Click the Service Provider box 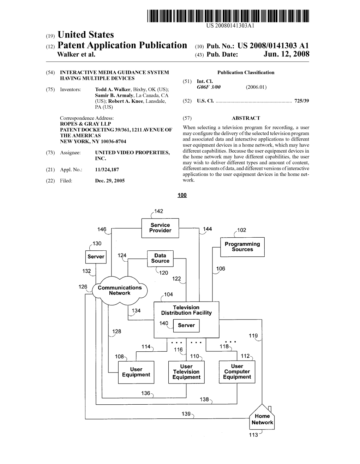[x=160, y=228]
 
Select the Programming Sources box [x=242, y=247]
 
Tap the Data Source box [x=160, y=258]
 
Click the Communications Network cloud [x=120, y=291]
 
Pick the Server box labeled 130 [x=96, y=257]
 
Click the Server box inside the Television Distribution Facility [x=186, y=326]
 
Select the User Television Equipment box [x=186, y=372]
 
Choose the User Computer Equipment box [x=237, y=372]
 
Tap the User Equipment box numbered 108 [x=136, y=372]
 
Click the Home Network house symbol [x=262, y=418]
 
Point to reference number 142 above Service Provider [x=159, y=211]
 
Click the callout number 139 [x=186, y=414]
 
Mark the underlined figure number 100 [x=182, y=195]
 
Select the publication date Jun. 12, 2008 [x=286, y=54]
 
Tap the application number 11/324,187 [x=107, y=170]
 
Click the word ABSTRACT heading [x=246, y=118]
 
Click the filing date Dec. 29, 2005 [x=110, y=181]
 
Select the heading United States [x=85, y=35]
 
